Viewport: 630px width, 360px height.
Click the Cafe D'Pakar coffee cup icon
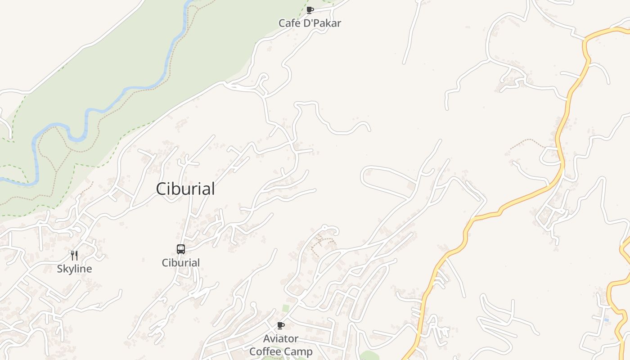[310, 10]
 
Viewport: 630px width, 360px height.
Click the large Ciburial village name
[185, 189]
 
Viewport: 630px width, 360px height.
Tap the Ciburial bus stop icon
[180, 249]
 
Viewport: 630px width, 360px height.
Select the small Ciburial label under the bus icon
[180, 263]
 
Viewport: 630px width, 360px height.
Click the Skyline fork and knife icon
[74, 256]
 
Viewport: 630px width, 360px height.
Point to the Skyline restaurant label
[74, 269]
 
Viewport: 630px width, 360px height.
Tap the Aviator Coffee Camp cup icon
[281, 325]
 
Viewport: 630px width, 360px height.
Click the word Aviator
[281, 338]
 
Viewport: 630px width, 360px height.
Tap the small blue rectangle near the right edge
[606, 320]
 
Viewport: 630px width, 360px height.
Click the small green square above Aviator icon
[286, 308]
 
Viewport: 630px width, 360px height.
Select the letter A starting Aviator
[267, 338]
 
